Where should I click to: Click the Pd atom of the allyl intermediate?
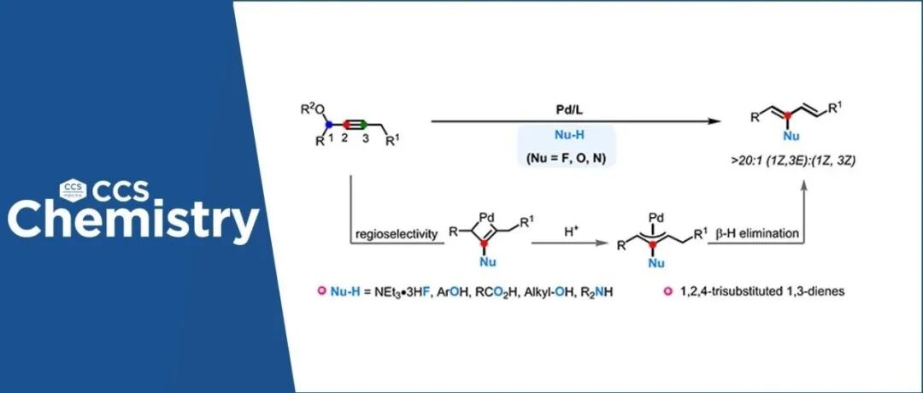click(x=656, y=208)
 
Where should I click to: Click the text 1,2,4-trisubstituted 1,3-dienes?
click(x=744, y=290)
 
